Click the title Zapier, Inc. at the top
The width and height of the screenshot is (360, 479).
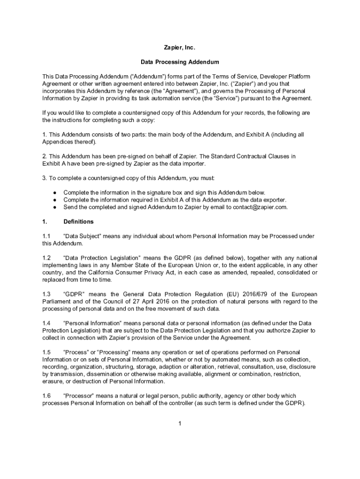180,48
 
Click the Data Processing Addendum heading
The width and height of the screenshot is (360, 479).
180,62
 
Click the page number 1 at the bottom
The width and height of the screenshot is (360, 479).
180,424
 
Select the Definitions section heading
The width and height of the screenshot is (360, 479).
79,221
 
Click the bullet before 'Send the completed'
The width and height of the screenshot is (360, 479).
55,207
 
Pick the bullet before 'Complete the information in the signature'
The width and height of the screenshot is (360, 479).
55,192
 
